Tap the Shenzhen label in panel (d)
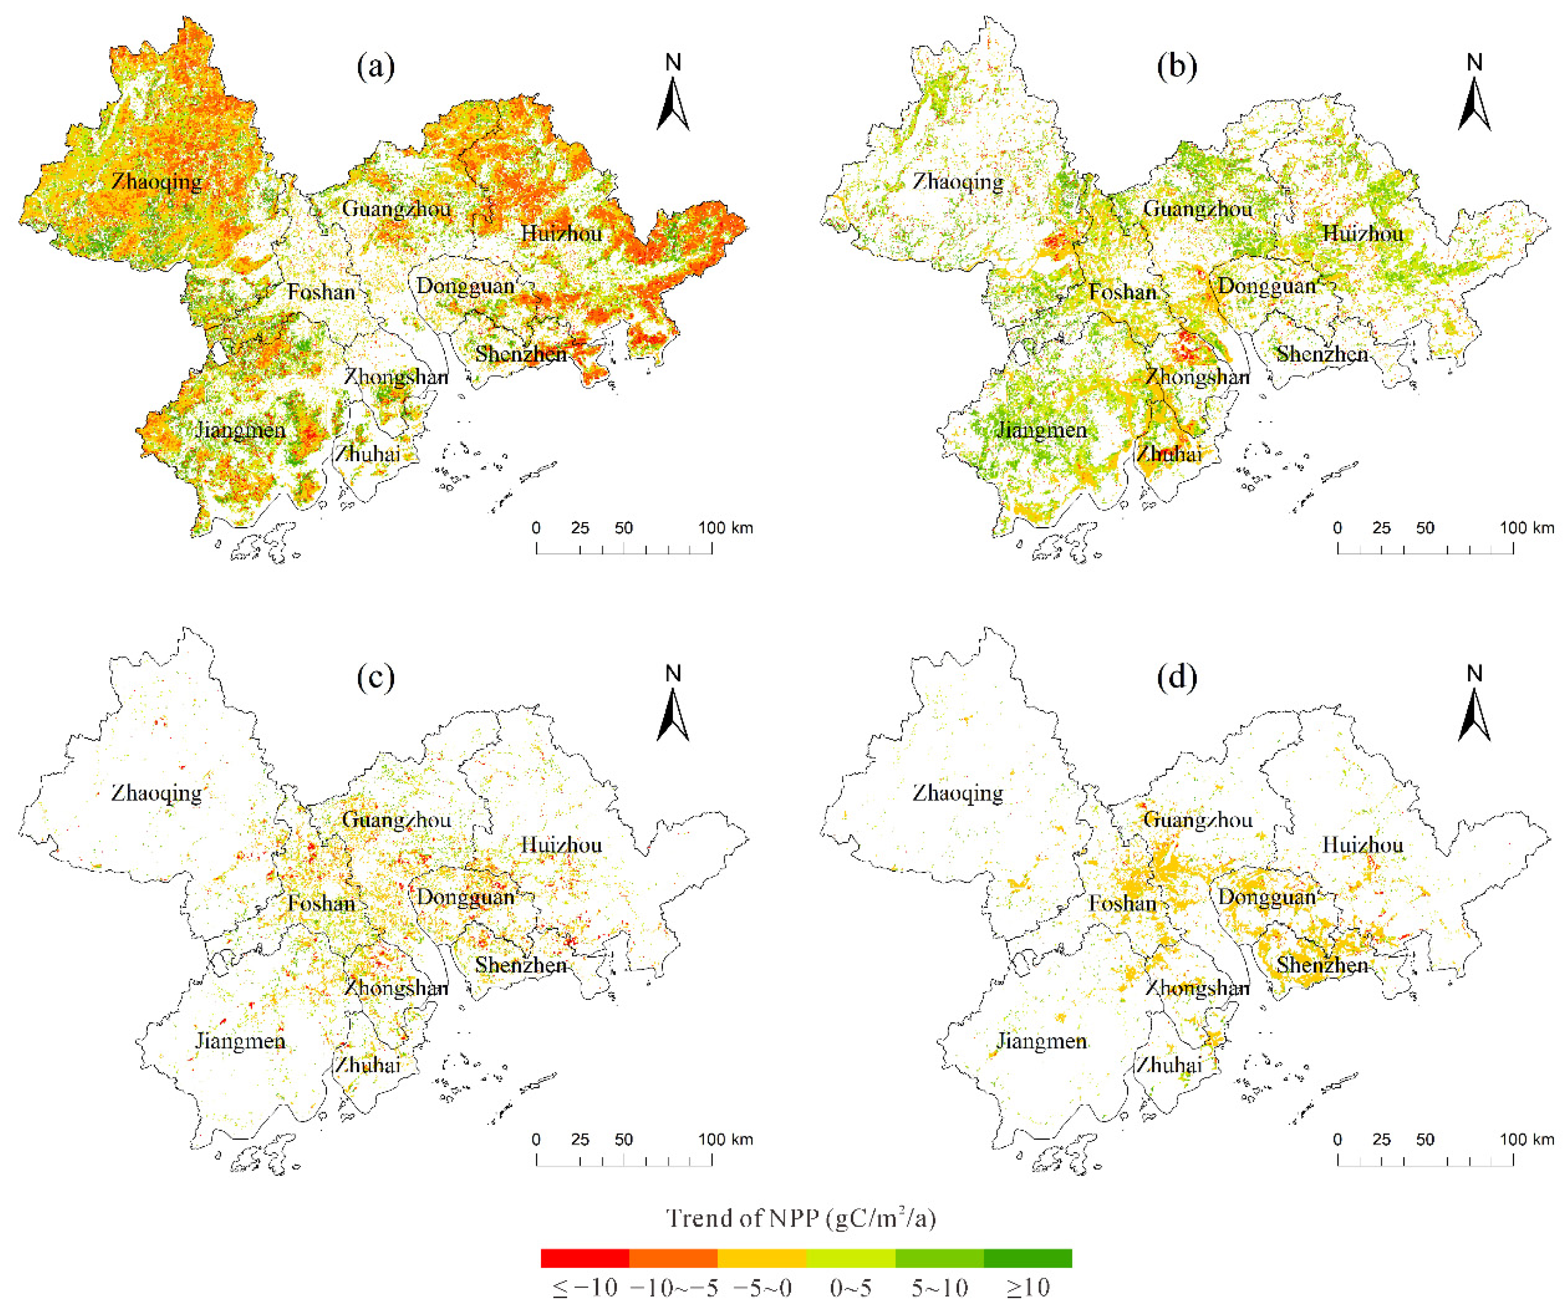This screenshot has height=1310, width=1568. coord(1322,965)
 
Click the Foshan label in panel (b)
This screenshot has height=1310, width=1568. coord(1122,292)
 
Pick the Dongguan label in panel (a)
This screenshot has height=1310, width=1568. coord(465,286)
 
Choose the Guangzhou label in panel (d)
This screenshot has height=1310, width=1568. coord(1198,819)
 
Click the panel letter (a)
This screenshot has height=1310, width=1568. coord(375,67)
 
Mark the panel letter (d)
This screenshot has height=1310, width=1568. coord(1177,678)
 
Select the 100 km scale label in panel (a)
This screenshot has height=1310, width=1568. coord(725,528)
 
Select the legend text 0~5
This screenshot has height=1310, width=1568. coord(850,1288)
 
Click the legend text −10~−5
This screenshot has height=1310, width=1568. coord(673,1288)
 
